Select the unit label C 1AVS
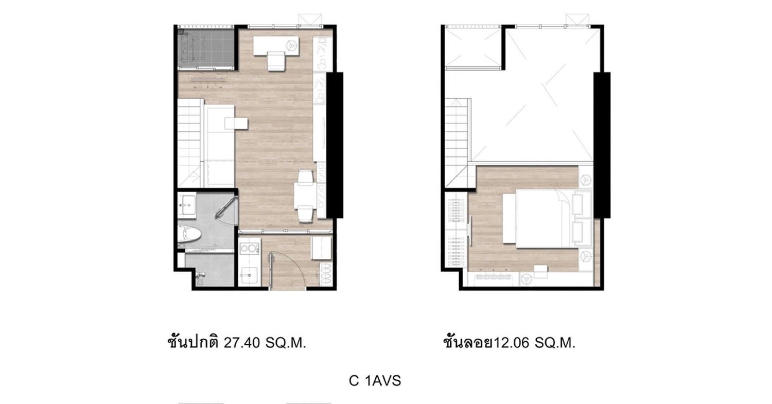pos(375,381)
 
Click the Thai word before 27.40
pos(193,342)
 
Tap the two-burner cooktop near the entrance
pos(249,249)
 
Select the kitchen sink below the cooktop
pos(250,275)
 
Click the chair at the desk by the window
pos(276,61)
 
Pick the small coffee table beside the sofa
pos(236,124)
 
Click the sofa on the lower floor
pos(219,147)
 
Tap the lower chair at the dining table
pos(306,214)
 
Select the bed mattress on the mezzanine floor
pos(544,219)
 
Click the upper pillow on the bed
pos(577,204)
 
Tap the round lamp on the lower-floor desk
pos(291,44)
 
